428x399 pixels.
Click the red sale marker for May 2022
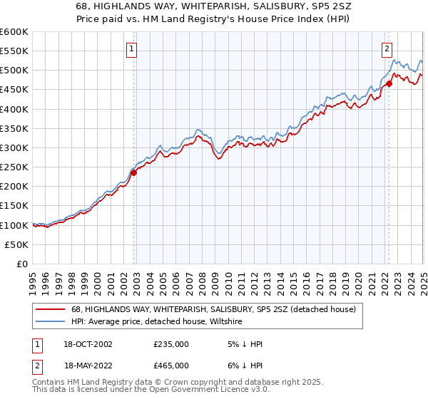(x=389, y=83)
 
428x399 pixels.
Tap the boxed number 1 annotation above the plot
(x=133, y=49)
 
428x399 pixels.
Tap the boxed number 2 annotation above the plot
(x=387, y=49)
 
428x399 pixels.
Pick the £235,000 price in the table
(x=171, y=344)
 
